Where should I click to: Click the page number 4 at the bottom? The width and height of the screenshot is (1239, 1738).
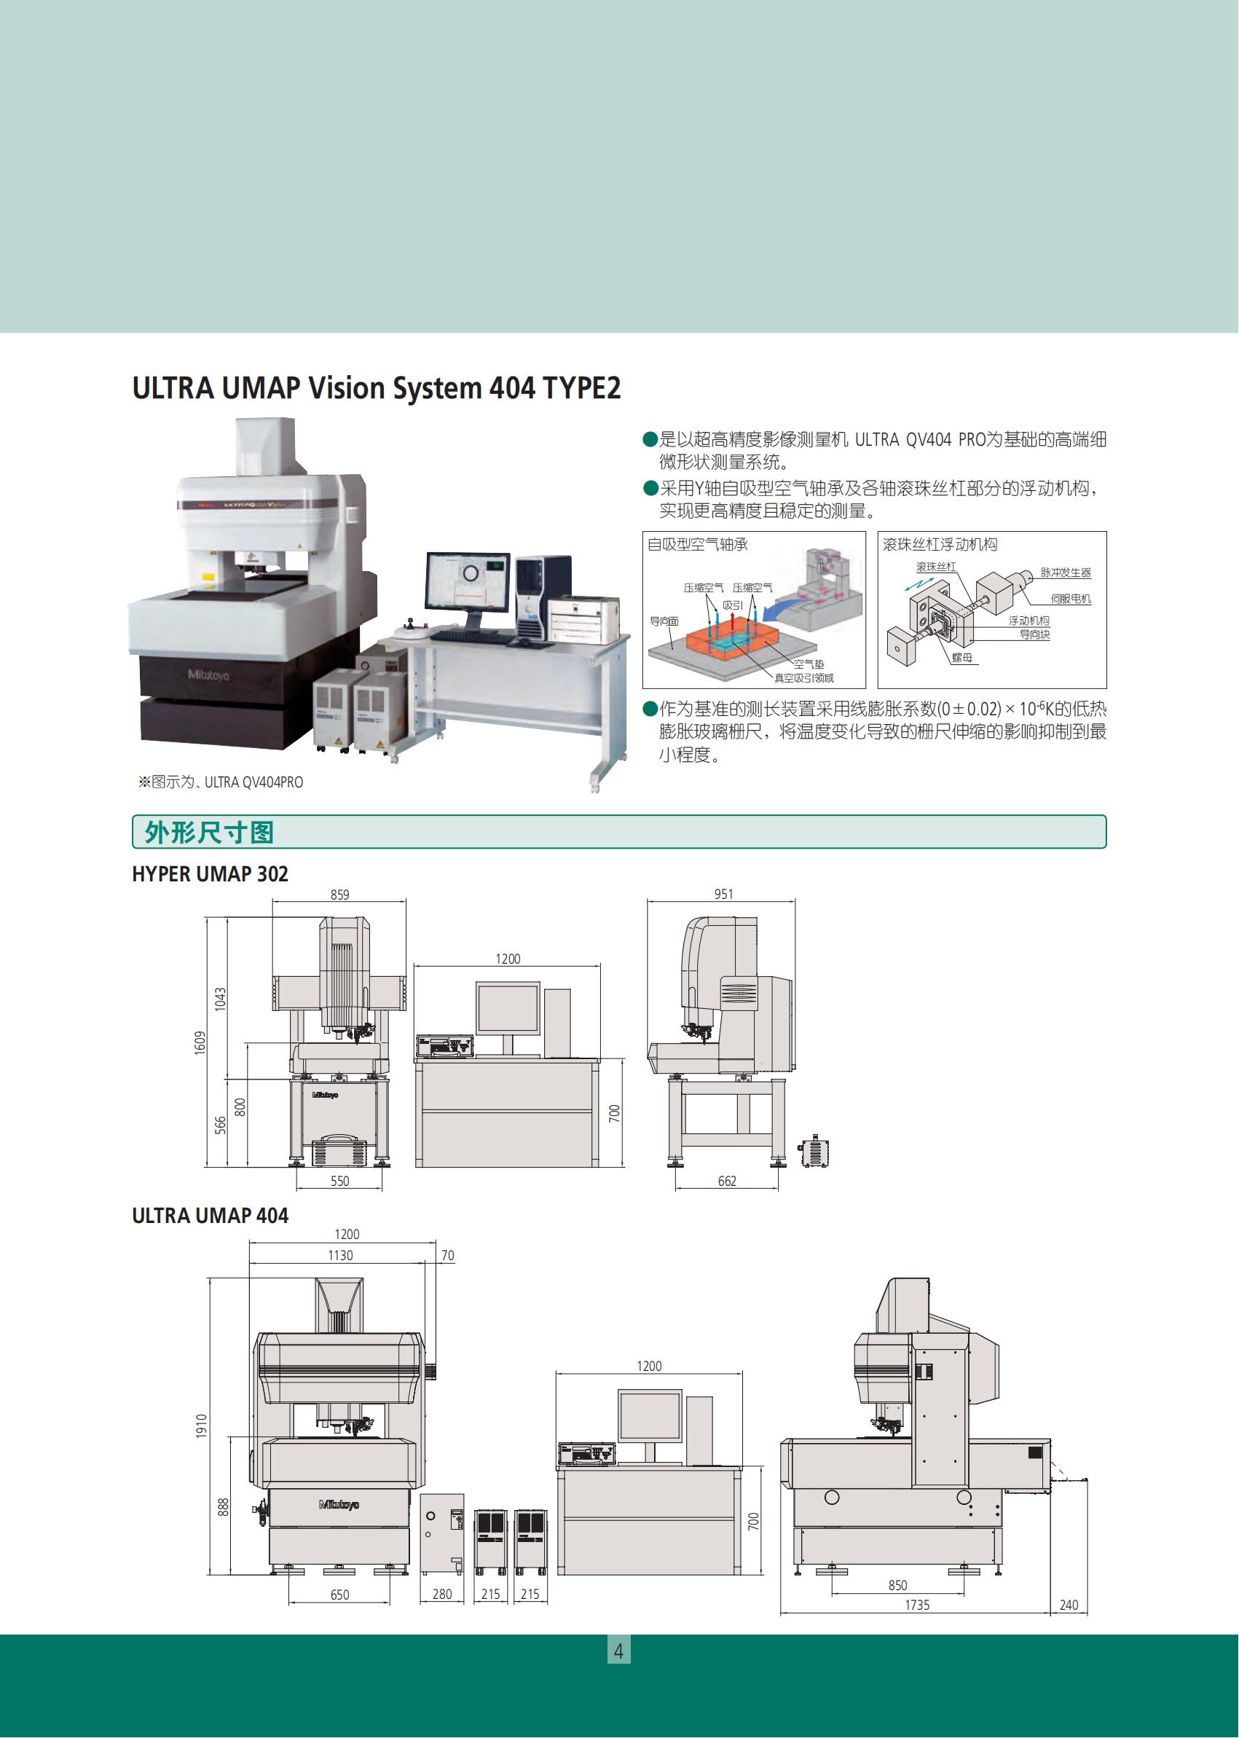[x=618, y=1651]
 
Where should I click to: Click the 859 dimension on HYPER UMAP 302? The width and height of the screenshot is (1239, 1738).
[x=339, y=895]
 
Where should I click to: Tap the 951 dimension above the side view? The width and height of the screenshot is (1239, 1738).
[x=723, y=894]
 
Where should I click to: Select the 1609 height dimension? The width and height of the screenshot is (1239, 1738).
[x=200, y=1042]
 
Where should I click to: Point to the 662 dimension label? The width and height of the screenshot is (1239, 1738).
[x=727, y=1181]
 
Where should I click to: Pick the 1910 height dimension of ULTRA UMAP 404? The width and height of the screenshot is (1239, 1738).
[x=202, y=1426]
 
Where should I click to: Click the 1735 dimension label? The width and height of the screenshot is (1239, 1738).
[x=917, y=1605]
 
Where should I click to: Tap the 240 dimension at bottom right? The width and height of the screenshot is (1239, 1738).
[x=1069, y=1605]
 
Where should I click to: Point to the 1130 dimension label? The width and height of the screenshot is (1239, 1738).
[x=340, y=1255]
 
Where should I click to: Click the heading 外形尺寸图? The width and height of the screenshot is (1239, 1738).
[x=209, y=833]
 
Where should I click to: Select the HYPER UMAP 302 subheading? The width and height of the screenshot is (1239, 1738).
[x=210, y=874]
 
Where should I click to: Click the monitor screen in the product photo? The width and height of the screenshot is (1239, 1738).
[x=467, y=582]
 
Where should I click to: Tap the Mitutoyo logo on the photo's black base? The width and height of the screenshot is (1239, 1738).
[x=208, y=675]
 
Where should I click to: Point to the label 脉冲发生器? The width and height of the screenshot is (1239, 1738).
[x=1065, y=573]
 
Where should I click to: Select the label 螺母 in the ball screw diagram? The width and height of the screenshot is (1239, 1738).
[x=962, y=658]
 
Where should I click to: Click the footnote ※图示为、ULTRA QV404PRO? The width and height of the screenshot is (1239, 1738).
[x=221, y=782]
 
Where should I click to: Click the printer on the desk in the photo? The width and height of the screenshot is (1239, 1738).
[x=583, y=618]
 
